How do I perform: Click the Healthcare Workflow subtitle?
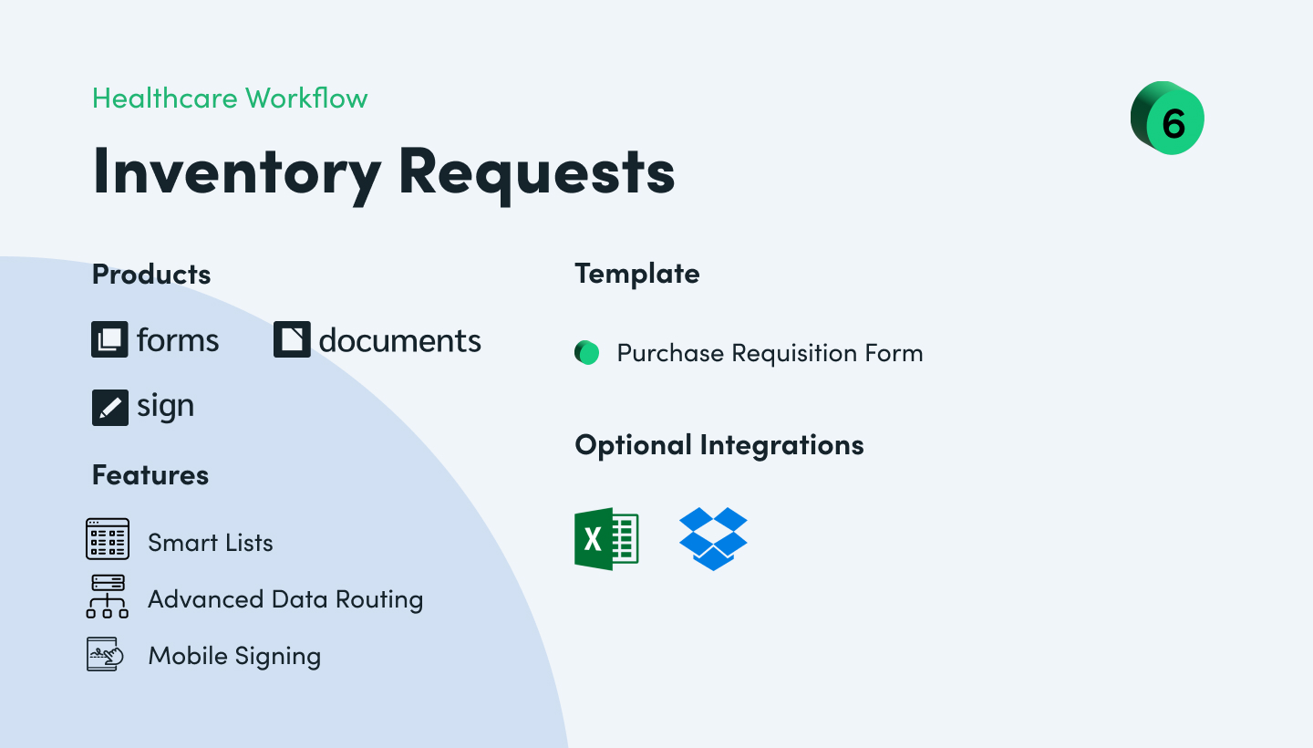[x=230, y=99]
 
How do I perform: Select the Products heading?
[x=151, y=275]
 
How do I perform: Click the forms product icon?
[x=109, y=340]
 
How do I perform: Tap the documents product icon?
[x=292, y=340]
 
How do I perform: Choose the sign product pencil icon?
[x=109, y=407]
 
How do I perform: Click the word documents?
[x=399, y=340]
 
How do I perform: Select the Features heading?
[x=150, y=475]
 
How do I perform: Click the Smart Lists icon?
[x=108, y=539]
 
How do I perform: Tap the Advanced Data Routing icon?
[x=108, y=597]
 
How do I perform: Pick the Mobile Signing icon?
[x=104, y=655]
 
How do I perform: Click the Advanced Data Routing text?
[x=285, y=599]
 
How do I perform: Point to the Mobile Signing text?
[x=234, y=656]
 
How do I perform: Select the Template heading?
[x=637, y=274]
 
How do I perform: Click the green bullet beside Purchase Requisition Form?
[x=587, y=353]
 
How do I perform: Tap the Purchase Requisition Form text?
[x=770, y=353]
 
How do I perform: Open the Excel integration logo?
[x=606, y=539]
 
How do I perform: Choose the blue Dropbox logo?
[x=713, y=538]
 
